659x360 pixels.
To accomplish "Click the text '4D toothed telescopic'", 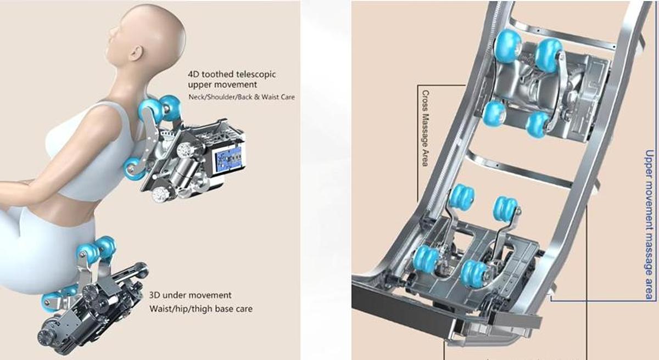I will pyautogui.click(x=231, y=74).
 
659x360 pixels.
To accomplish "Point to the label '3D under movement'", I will pyautogui.click(x=190, y=295).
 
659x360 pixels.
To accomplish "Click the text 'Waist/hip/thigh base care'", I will pyautogui.click(x=201, y=308).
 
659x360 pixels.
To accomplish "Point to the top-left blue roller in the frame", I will pyautogui.click(x=507, y=44).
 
